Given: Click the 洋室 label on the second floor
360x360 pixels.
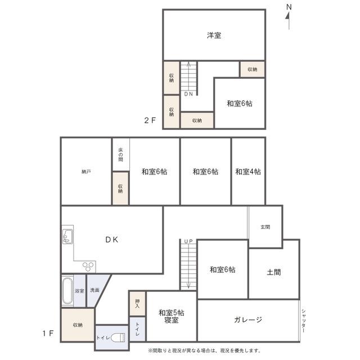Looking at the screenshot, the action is [x=214, y=35].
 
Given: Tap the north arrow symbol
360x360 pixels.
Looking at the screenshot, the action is [x=289, y=18].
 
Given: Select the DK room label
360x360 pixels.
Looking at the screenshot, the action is [x=111, y=240].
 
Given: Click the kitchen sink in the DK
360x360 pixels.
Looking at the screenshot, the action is [x=67, y=236].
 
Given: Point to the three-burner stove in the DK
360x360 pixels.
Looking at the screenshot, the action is [x=88, y=267].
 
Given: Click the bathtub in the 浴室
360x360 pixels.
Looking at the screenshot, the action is [x=67, y=291].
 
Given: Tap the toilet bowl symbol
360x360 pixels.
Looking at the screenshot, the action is [x=118, y=337].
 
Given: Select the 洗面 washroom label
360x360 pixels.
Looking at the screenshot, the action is [x=94, y=290].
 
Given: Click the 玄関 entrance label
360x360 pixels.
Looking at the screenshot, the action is [x=265, y=227].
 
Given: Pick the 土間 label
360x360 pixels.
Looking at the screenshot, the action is [x=274, y=272].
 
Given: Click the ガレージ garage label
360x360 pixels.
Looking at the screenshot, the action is [x=248, y=319].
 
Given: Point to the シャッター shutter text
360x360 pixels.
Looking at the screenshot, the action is [x=303, y=321].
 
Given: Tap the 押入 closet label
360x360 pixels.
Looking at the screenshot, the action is [x=137, y=304].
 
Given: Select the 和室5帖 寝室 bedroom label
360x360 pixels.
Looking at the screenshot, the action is [x=171, y=316].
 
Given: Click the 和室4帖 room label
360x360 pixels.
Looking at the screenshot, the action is [x=248, y=172].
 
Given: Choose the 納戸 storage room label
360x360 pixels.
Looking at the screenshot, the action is [x=86, y=172].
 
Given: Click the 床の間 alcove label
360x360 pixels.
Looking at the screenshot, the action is [x=121, y=155].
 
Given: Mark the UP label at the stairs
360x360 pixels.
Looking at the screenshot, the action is [x=188, y=241].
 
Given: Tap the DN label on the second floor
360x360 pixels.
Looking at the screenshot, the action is [x=188, y=94].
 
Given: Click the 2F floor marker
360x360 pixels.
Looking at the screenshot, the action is [x=150, y=120].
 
